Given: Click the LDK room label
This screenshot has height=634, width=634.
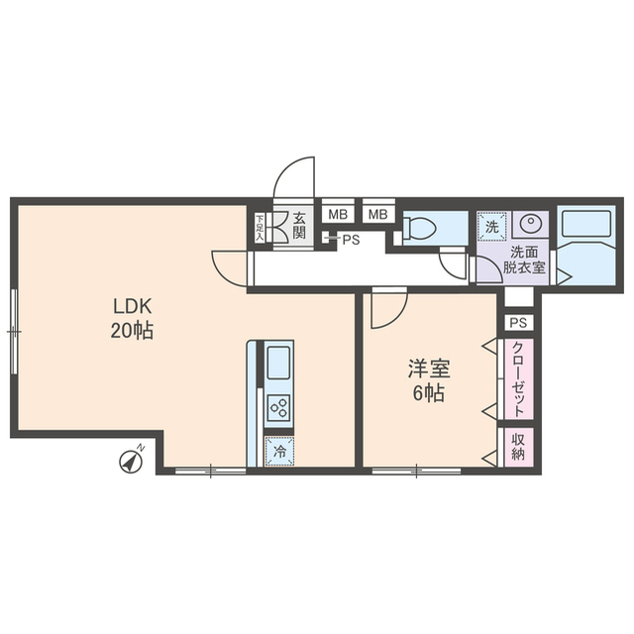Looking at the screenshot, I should pos(131,306).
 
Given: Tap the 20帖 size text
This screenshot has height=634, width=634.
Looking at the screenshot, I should pos(131,330).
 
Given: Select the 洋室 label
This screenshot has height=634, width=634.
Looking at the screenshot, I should pos(429,370).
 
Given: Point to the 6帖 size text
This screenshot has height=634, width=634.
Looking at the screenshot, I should pos(429,393).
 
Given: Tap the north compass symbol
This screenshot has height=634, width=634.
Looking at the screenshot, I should pos(130,460).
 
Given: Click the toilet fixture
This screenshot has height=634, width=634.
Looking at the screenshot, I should pos(420,228).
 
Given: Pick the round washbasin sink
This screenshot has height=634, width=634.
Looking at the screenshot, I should pos(531,224).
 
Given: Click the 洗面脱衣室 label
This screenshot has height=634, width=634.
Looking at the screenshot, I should pos(523,261).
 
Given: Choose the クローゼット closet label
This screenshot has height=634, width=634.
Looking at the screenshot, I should pos(518,378).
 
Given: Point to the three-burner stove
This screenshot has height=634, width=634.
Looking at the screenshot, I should pos(278,407).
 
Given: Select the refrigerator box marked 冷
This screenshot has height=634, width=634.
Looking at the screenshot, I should pos(278,450).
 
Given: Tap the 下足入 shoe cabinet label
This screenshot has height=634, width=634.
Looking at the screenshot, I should pos(261,228).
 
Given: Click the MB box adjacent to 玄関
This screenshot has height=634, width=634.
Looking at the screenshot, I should pos(338,214).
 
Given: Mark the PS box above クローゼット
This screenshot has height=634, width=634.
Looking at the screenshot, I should pos(518,323).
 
